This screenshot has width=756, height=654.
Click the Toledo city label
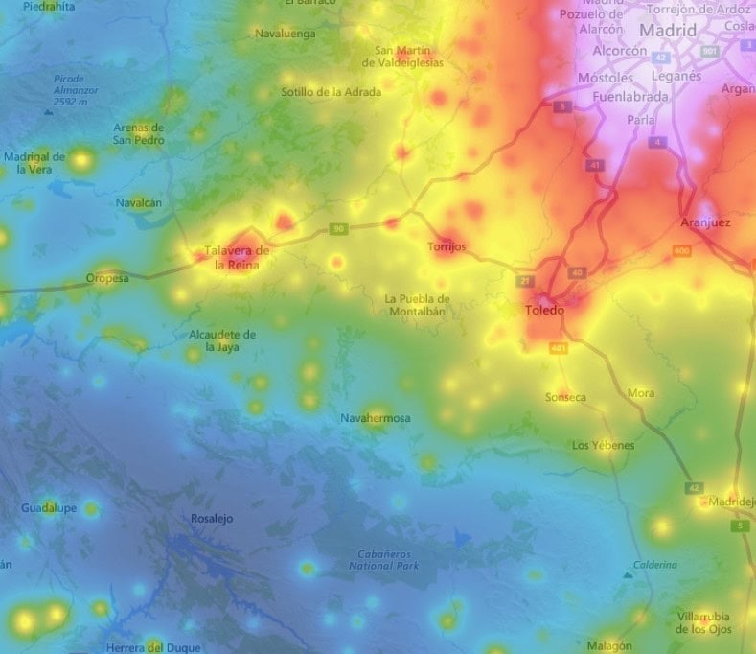(545, 311)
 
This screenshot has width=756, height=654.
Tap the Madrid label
(668, 30)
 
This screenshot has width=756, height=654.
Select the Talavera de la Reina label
(236, 258)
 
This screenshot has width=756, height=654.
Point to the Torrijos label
(446, 246)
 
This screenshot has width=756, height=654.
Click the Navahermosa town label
(376, 418)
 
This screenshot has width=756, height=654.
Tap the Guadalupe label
(48, 507)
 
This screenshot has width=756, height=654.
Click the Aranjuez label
(705, 222)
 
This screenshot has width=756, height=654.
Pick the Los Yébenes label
(603, 446)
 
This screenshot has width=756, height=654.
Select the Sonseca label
(565, 397)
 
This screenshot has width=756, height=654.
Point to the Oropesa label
(106, 279)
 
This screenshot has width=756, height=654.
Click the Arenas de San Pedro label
(139, 133)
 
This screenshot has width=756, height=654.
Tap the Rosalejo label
(212, 519)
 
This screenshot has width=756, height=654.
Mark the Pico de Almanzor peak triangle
(48, 111)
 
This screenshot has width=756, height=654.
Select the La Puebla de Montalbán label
(417, 304)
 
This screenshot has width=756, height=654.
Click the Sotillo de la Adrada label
(331, 92)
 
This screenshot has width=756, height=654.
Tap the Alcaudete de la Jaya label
(222, 340)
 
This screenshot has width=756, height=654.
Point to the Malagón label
(610, 645)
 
